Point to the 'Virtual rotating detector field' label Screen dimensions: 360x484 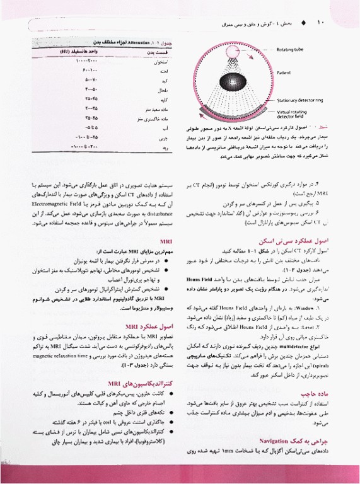pyautogui.click(x=295, y=114)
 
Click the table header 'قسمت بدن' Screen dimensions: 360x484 pyautogui.click(x=149, y=54)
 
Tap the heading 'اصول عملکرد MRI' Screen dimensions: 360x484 pyautogui.click(x=149, y=326)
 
